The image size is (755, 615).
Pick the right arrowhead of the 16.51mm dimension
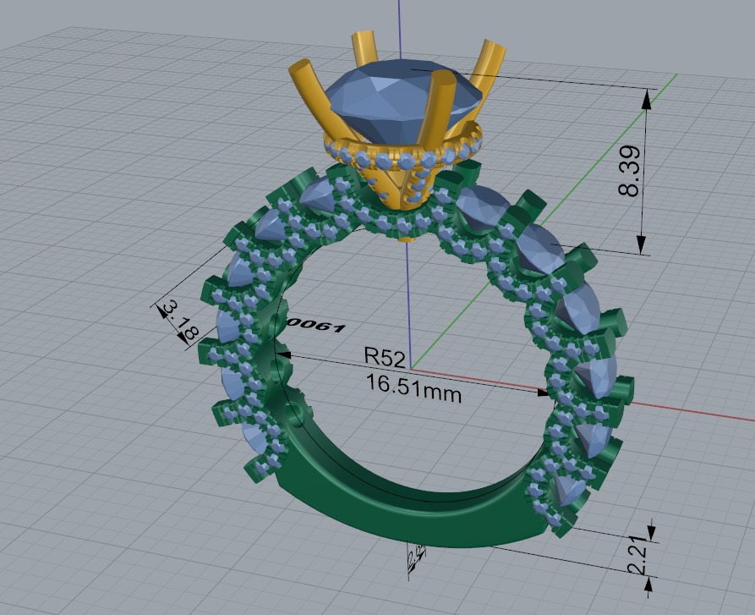pos(544,392)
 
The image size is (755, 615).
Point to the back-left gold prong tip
pos(364,39)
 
